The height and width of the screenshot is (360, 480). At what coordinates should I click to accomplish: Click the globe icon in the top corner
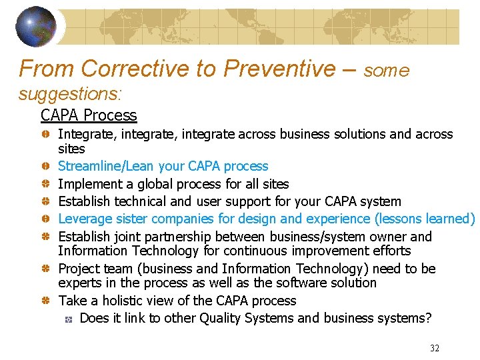point(37,27)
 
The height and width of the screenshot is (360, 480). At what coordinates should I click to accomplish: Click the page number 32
point(435,348)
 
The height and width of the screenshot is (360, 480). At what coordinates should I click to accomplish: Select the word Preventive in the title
point(280,68)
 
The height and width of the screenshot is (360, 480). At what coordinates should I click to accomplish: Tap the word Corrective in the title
point(134,68)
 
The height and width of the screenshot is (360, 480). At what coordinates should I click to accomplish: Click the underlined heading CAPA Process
point(89,115)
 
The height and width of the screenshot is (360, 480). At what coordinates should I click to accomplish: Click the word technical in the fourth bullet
point(135,201)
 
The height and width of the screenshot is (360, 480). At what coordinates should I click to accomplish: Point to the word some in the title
point(387,71)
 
